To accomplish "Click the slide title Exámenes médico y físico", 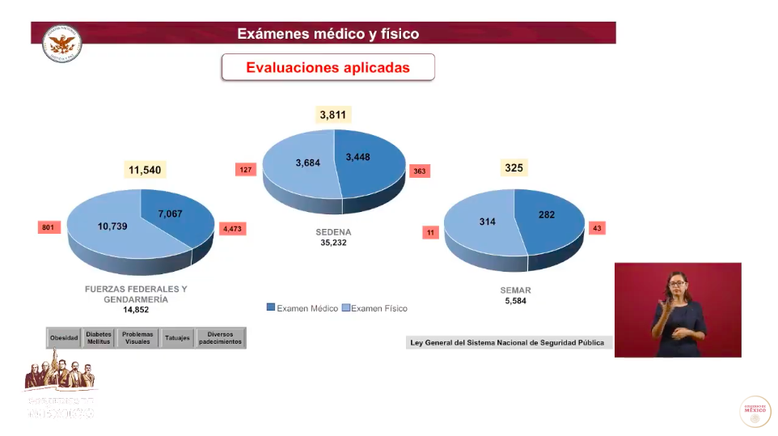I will [328, 34].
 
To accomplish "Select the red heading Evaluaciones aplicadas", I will [328, 68].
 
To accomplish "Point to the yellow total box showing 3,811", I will [333, 115].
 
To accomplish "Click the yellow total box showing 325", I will [514, 168].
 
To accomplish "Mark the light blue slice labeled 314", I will [484, 222].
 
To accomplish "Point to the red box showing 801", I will [48, 228].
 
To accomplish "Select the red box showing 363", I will [420, 171].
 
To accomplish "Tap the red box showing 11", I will [431, 233].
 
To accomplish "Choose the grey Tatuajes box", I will [177, 338].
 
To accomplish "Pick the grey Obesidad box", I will [64, 338].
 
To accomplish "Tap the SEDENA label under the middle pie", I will [333, 232].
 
